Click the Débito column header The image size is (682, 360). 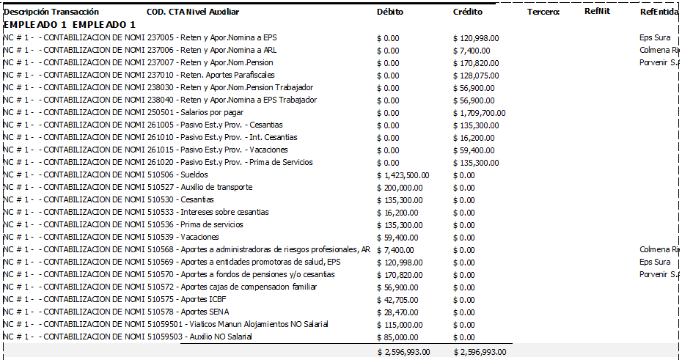(389, 12)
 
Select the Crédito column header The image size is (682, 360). (468, 12)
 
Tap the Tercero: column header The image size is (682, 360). (543, 12)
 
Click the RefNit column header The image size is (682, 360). (597, 12)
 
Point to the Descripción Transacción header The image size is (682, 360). (51, 12)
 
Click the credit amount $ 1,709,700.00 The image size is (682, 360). (480, 113)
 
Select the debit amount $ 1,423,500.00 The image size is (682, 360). (403, 175)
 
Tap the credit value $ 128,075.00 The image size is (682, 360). (476, 76)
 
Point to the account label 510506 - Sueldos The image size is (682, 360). (177, 175)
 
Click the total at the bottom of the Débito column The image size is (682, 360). (403, 352)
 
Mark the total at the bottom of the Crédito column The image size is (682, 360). (480, 352)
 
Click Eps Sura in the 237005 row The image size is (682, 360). (655, 38)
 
